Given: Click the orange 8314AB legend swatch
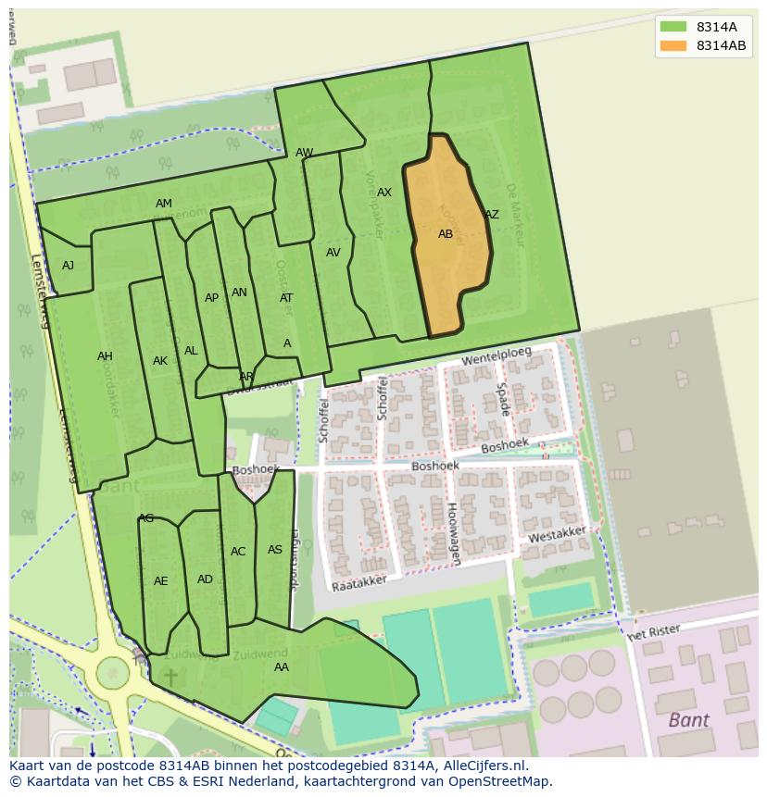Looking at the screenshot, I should [673, 45].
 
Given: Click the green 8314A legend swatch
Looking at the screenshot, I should [673, 26].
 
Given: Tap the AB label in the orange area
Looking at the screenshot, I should [446, 234].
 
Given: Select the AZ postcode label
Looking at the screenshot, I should [492, 215].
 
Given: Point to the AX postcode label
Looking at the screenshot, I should [384, 193].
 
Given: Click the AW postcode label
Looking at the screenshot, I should [304, 153].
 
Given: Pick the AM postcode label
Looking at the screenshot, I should [164, 204].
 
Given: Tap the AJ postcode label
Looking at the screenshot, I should [68, 266].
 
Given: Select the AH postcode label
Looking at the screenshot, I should [105, 356].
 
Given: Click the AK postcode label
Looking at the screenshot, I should [160, 361].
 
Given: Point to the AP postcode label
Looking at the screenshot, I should [211, 298].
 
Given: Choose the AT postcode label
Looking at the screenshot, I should [286, 298].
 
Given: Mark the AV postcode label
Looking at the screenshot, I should [333, 253].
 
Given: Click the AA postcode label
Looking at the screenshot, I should [282, 666].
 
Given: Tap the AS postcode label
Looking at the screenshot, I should [275, 550].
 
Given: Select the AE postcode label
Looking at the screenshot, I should [161, 581].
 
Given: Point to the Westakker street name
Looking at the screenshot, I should [556, 535].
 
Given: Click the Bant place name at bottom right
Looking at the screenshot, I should [688, 719].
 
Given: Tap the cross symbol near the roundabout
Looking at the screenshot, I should [170, 678].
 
